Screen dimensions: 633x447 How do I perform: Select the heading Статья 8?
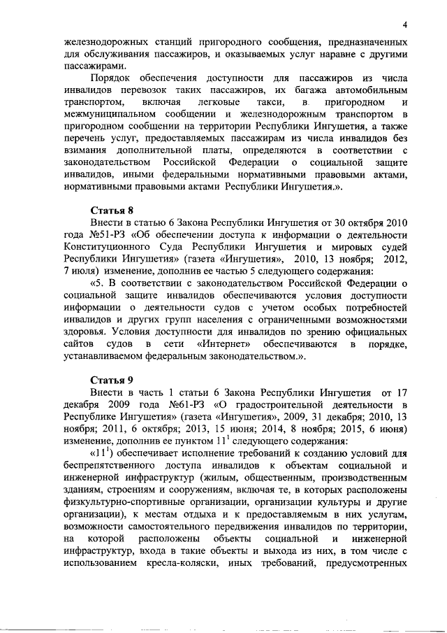coord(112,211)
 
